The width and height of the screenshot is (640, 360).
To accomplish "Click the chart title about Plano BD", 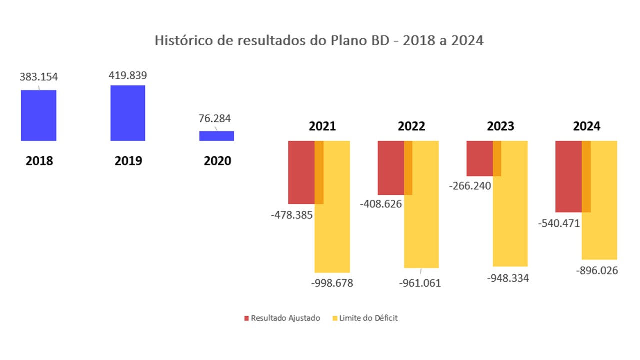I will pos(319,41).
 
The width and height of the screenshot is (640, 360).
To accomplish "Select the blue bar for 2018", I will pos(38,115).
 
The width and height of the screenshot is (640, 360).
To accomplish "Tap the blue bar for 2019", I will pos(128,113).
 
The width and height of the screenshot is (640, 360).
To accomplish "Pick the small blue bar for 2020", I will pos(217,136).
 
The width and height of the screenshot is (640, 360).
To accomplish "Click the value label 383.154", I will pos(39,77).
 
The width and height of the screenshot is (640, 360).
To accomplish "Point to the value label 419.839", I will pos(128,75).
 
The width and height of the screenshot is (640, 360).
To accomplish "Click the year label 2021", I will pos(322,126).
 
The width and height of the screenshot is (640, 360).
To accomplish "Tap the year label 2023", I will pos(500,126).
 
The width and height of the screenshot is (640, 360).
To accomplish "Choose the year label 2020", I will pos(218,161).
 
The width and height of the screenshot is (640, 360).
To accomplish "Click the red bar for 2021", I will pos(301,172).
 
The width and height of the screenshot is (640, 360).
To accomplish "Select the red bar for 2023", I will pos(480,158).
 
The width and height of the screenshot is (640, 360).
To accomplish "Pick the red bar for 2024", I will pos(569,177).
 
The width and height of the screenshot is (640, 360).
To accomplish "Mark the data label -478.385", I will pos(292,215).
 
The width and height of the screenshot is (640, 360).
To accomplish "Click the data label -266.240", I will pos(470,186).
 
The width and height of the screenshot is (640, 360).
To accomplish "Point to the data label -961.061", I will pos(420,283).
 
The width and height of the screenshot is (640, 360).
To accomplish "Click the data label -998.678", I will pos(332,283).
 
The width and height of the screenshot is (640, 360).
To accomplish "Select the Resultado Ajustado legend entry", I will pos(282,318).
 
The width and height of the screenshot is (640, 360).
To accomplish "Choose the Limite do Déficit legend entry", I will pos(365,318).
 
